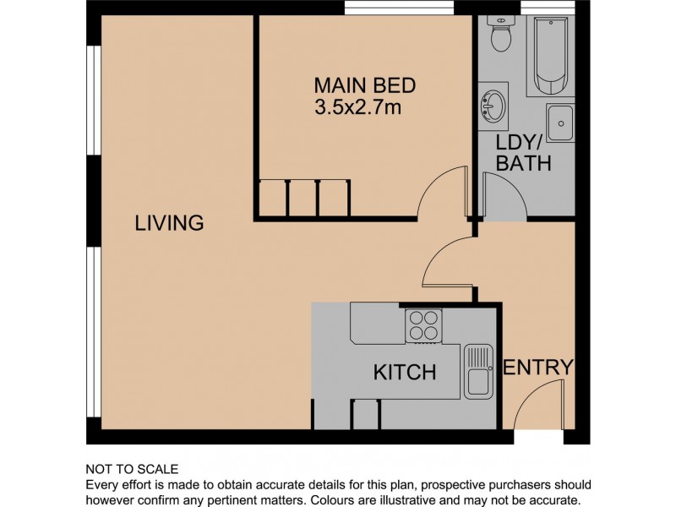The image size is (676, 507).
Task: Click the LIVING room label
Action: click(169, 223)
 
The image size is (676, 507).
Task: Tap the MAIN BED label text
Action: click(365, 85)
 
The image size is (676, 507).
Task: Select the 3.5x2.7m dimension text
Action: click(357, 107)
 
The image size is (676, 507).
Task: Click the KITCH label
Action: click(405, 372)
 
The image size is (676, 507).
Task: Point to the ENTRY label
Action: click(538, 368)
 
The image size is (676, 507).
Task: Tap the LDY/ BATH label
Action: click(523, 153)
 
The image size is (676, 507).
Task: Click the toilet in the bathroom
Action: click(501, 34)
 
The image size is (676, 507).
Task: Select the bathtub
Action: click(551, 56)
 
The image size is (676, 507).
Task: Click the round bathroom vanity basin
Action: click(493, 106)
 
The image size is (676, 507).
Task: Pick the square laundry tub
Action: click(560, 123)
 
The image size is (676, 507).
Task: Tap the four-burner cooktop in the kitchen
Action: click(423, 325)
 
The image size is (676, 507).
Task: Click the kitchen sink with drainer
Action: click(478, 371)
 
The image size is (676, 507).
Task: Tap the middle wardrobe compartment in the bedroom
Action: click(302, 199)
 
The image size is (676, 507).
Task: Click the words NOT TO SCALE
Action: click(132, 469)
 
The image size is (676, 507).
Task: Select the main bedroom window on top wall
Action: click(400, 8)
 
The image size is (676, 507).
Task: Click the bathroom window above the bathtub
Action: click(548, 8)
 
